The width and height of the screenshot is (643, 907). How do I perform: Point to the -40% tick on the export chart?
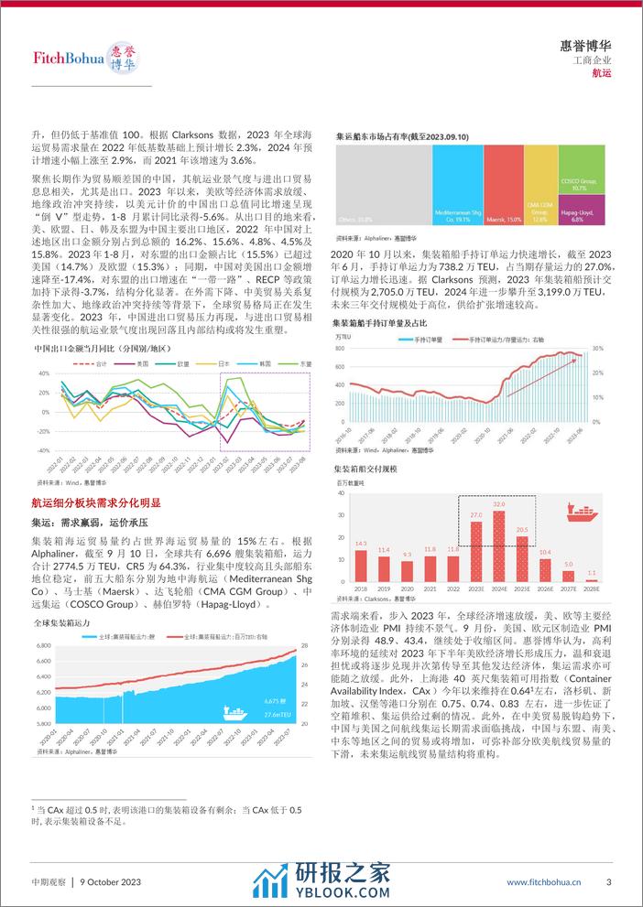[43, 451]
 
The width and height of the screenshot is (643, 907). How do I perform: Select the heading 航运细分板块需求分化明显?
[96, 503]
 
